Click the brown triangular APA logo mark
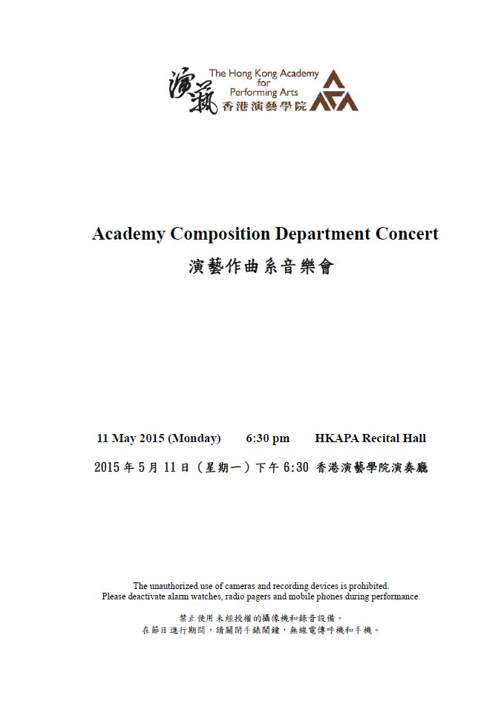[x=334, y=92]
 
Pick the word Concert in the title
[x=407, y=234]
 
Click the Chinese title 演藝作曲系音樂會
[x=261, y=267]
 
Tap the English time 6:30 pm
[x=268, y=438]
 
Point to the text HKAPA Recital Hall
[x=370, y=438]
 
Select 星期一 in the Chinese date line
[x=226, y=468]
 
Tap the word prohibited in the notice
[x=365, y=586]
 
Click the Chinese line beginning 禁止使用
[x=261, y=618]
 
